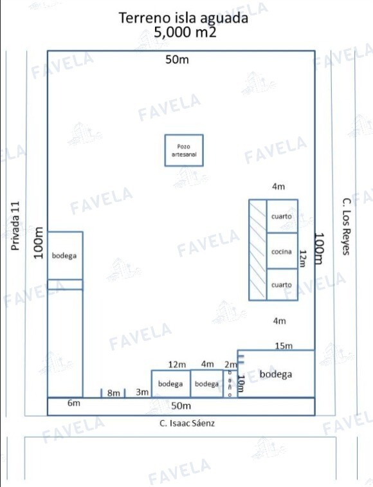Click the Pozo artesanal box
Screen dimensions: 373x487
(184, 151)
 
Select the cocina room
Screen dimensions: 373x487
(282, 251)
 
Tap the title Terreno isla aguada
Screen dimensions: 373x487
(183, 18)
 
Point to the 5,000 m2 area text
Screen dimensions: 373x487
(185, 32)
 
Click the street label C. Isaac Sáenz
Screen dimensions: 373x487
(187, 423)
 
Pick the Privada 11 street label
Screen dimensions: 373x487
(15, 226)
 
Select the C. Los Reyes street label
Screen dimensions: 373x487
(347, 226)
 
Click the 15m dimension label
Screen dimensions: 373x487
(284, 345)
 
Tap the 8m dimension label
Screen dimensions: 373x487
(113, 393)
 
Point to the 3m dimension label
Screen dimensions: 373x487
(142, 392)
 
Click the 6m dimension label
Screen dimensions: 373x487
(74, 403)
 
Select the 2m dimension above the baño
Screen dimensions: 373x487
(230, 364)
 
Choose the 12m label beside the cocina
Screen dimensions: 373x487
(302, 259)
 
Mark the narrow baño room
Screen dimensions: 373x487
(230, 383)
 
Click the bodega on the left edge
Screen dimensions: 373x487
(65, 255)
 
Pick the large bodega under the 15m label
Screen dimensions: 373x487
(276, 374)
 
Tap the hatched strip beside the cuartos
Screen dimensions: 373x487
(258, 250)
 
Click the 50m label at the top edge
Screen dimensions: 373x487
(177, 59)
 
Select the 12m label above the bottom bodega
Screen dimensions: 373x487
(177, 364)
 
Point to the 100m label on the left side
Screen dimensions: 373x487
(39, 243)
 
